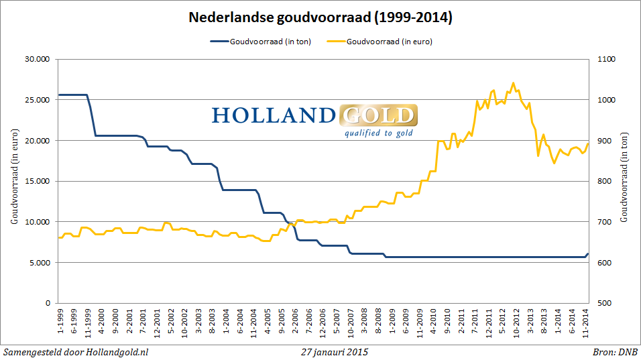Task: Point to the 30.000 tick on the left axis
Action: tap(38, 59)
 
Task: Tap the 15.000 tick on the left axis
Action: tap(38, 181)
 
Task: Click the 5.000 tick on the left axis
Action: tap(40, 263)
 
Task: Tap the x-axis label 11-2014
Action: tap(587, 322)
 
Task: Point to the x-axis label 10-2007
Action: tap(351, 322)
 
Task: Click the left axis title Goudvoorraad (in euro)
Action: tap(13, 181)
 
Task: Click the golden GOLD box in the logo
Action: tap(378, 115)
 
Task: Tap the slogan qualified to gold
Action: tap(378, 133)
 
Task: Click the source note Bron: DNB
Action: tap(615, 351)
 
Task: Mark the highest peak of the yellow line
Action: tap(513, 83)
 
